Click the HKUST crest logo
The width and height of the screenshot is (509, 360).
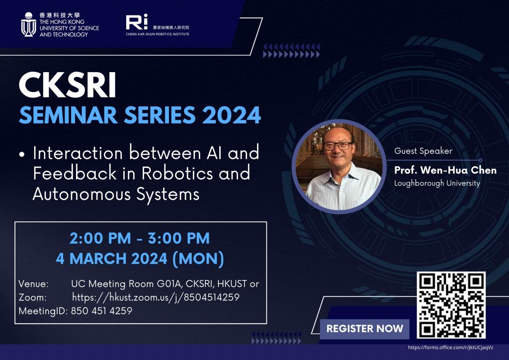28,24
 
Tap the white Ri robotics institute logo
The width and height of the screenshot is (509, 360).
137,22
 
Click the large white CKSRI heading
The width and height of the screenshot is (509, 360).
68,86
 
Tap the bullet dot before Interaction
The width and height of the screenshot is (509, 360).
22,155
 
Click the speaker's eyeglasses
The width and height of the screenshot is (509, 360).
338,146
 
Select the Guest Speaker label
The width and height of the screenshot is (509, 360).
424,151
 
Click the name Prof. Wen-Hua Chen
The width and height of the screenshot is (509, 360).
445,170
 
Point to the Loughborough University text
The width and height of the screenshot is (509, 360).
437,183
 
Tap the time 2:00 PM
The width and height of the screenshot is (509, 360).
100,239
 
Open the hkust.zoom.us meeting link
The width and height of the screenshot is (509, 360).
156,297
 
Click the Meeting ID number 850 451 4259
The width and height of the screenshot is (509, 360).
101,311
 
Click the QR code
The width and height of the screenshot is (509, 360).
451,305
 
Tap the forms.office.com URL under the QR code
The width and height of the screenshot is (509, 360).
450,348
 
